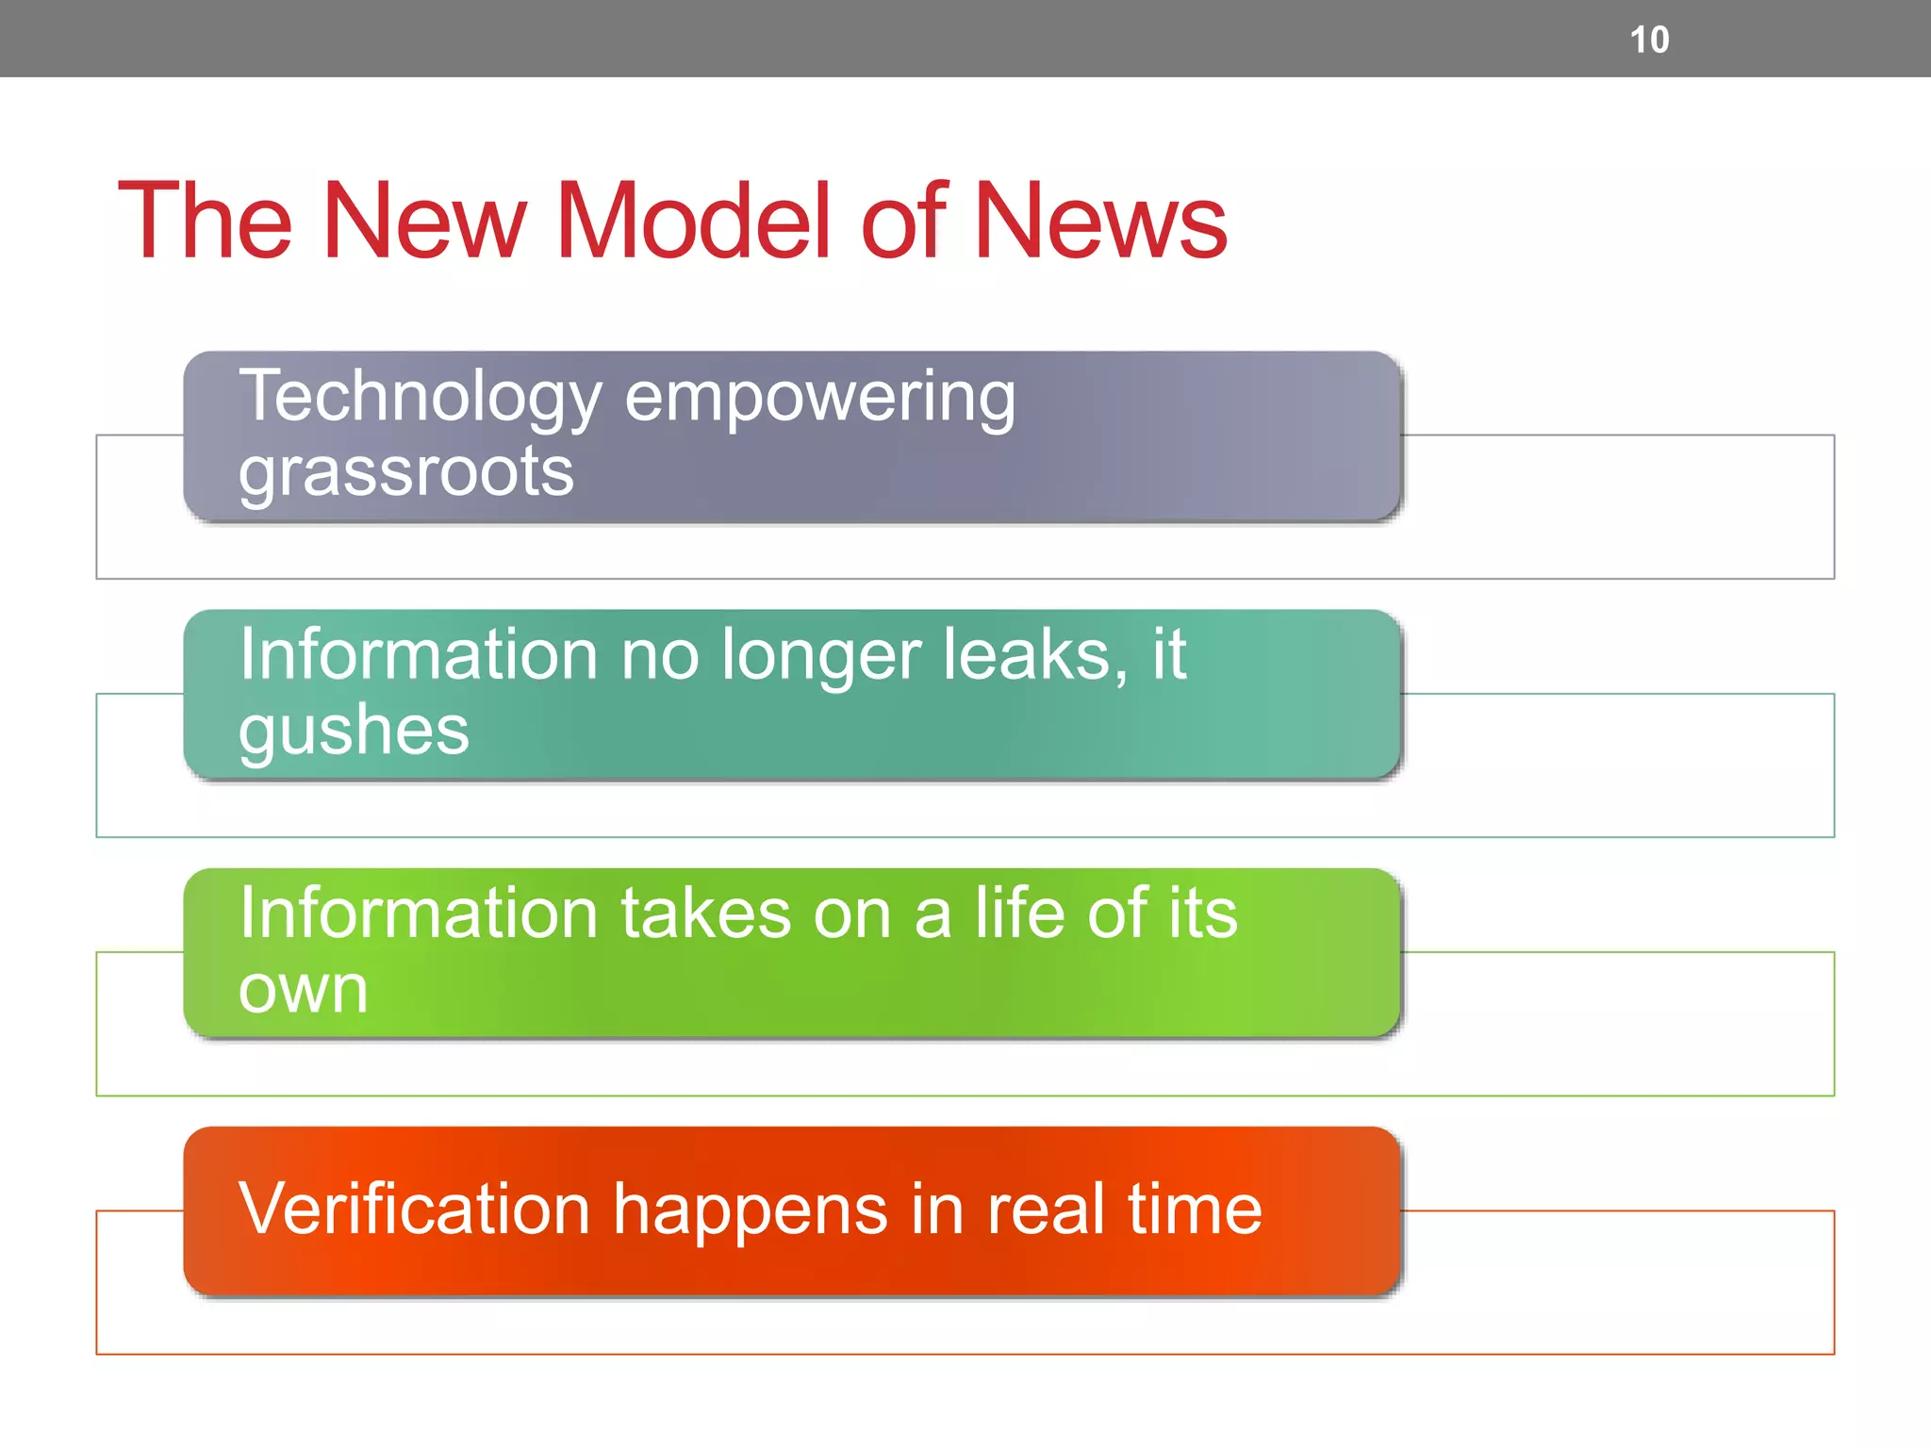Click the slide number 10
[x=1649, y=40]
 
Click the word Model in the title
[x=693, y=221]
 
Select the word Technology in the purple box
[x=420, y=398]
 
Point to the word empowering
[x=820, y=398]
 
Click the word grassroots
[x=405, y=471]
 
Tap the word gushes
[x=354, y=731]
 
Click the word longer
[x=820, y=656]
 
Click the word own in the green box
[x=303, y=990]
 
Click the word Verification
[x=414, y=1209]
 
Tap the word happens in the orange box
[x=750, y=1210]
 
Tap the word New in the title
[x=424, y=221]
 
